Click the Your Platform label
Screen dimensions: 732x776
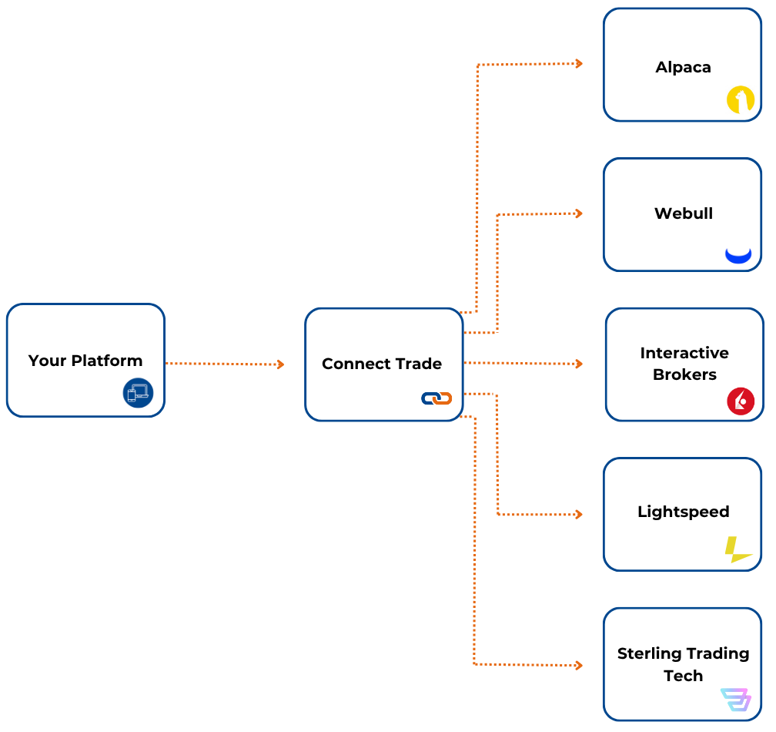[x=85, y=361]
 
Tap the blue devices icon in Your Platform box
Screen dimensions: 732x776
[x=138, y=393]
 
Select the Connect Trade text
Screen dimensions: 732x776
[x=382, y=364]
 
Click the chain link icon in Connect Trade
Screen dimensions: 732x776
[x=436, y=398]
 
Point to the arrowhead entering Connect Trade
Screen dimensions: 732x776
[x=280, y=364]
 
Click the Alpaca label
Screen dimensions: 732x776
[x=683, y=67]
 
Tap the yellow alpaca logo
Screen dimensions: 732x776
[x=740, y=100]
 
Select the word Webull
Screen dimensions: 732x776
[x=684, y=213]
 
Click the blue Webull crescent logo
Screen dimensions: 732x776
[x=738, y=255]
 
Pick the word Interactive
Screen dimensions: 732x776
[x=684, y=353]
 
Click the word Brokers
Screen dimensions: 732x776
[x=684, y=374]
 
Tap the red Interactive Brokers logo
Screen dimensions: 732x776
[x=741, y=401]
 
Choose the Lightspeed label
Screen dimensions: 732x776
[x=684, y=512]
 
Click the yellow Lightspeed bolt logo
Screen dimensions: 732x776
[x=737, y=550]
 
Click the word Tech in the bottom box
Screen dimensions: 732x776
[x=684, y=676]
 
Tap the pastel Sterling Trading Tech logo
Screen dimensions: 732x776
[x=736, y=699]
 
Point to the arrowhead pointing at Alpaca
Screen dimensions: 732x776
[x=578, y=63]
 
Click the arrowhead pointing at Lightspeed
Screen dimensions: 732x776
[x=578, y=514]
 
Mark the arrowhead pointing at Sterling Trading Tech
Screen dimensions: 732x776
[x=578, y=664]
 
